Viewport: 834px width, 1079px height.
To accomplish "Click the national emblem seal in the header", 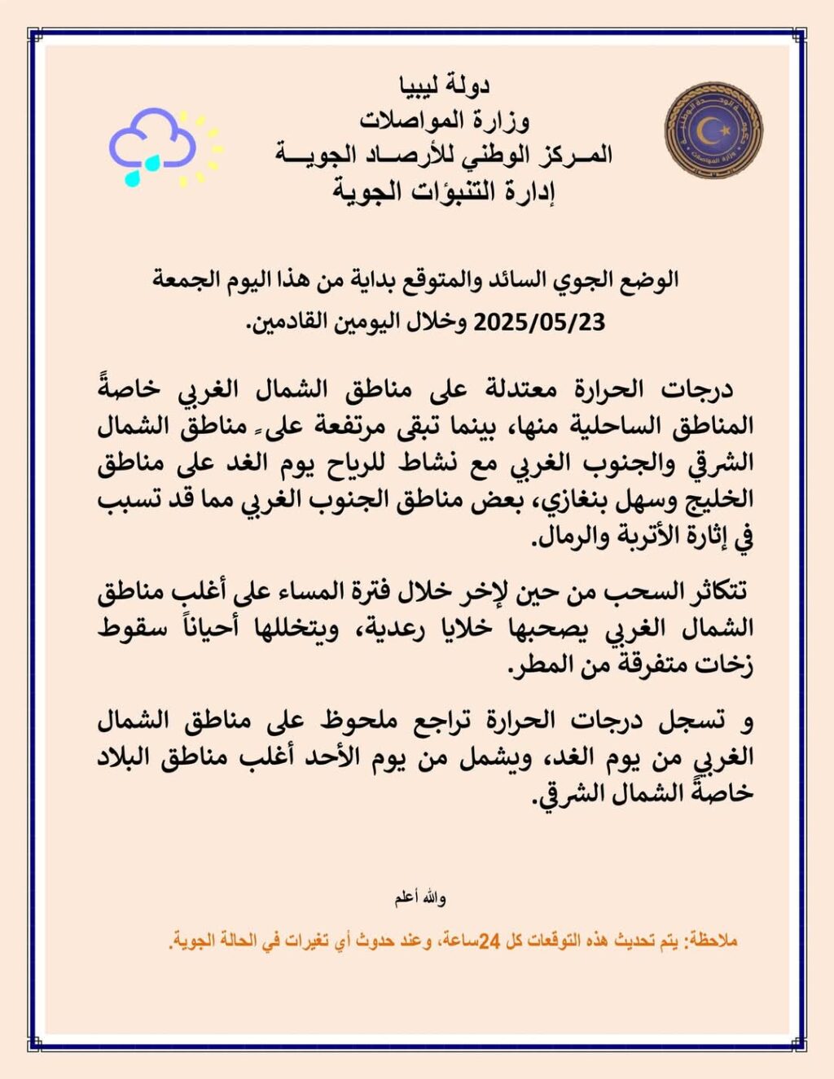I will point(713,129).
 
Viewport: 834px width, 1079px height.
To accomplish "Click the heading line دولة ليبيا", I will point(444,85).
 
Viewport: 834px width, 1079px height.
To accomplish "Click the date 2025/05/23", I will point(539,322).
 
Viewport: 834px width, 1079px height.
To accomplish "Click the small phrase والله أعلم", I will point(420,897).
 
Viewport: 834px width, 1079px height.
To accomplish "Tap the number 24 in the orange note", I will point(488,941).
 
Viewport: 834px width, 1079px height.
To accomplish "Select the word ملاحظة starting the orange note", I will point(713,941).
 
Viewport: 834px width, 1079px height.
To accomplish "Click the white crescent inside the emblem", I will point(713,129).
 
